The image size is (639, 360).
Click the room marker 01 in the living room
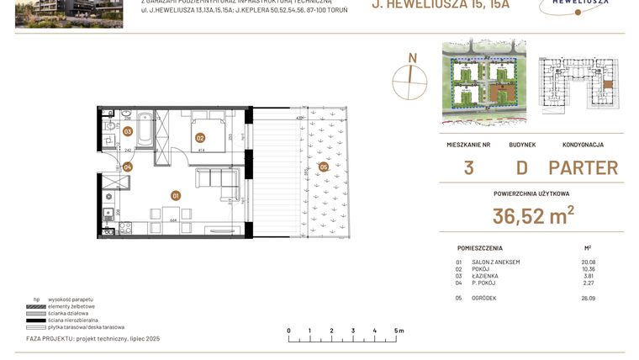pyautogui.click(x=176, y=196)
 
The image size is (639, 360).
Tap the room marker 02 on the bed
pyautogui.click(x=200, y=138)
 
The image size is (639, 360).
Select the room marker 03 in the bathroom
pyautogui.click(x=128, y=131)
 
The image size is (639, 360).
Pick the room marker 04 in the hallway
pyautogui.click(x=128, y=167)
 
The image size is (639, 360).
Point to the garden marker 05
pyautogui.click(x=324, y=167)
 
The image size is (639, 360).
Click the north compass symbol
pyautogui.click(x=411, y=82)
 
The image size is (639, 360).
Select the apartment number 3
pyautogui.click(x=467, y=167)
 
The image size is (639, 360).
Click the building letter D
pyautogui.click(x=521, y=167)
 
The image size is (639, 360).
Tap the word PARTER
pyautogui.click(x=583, y=167)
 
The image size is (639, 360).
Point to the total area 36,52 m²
pyautogui.click(x=532, y=216)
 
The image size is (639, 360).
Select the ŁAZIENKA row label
pyautogui.click(x=486, y=275)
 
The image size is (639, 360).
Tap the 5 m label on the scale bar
pyautogui.click(x=398, y=331)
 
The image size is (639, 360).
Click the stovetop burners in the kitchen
pyautogui.click(x=108, y=227)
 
